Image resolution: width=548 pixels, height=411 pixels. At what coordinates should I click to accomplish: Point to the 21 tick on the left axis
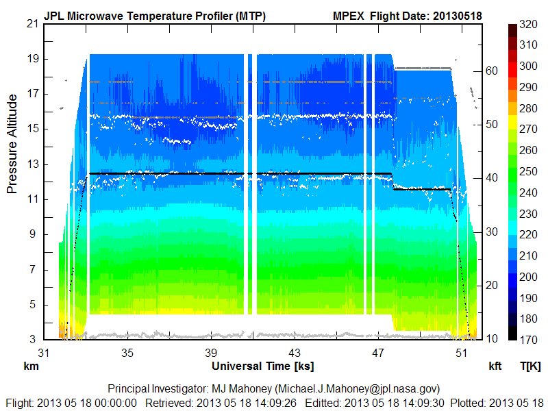32,24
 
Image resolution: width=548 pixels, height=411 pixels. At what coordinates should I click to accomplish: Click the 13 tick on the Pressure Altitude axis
32,164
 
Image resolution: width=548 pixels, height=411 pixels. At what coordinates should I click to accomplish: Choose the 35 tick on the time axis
127,353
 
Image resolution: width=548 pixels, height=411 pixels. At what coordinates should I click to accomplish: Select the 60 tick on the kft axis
492,70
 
